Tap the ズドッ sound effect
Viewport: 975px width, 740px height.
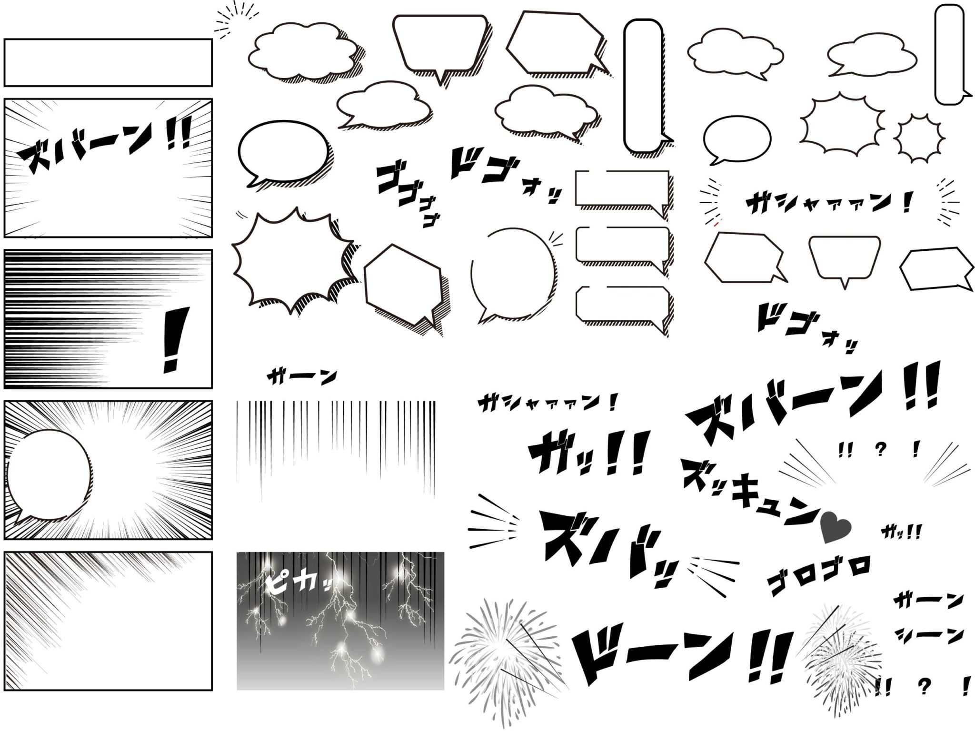(609, 543)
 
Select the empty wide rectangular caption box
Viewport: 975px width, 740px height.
(108, 62)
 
